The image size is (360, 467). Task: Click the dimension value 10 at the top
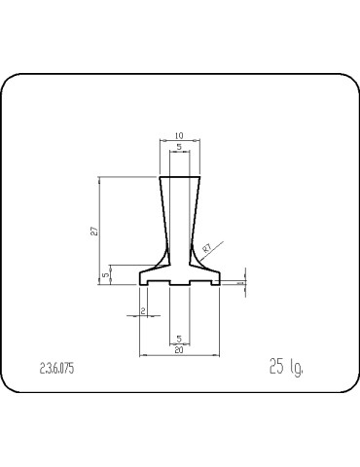[x=179, y=134]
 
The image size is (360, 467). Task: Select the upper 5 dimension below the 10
[x=179, y=147]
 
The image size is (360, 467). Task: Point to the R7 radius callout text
[x=208, y=249]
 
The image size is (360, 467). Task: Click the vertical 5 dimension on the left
[x=105, y=275]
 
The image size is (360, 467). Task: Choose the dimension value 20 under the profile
[x=179, y=349]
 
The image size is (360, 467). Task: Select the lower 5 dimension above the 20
[x=179, y=338]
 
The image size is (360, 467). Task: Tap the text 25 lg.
[x=285, y=367]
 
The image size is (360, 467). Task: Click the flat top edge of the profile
[x=180, y=176]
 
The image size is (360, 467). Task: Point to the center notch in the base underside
[x=179, y=283]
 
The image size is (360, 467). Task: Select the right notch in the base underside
[x=213, y=283]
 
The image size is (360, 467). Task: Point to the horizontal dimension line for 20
[x=179, y=355]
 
